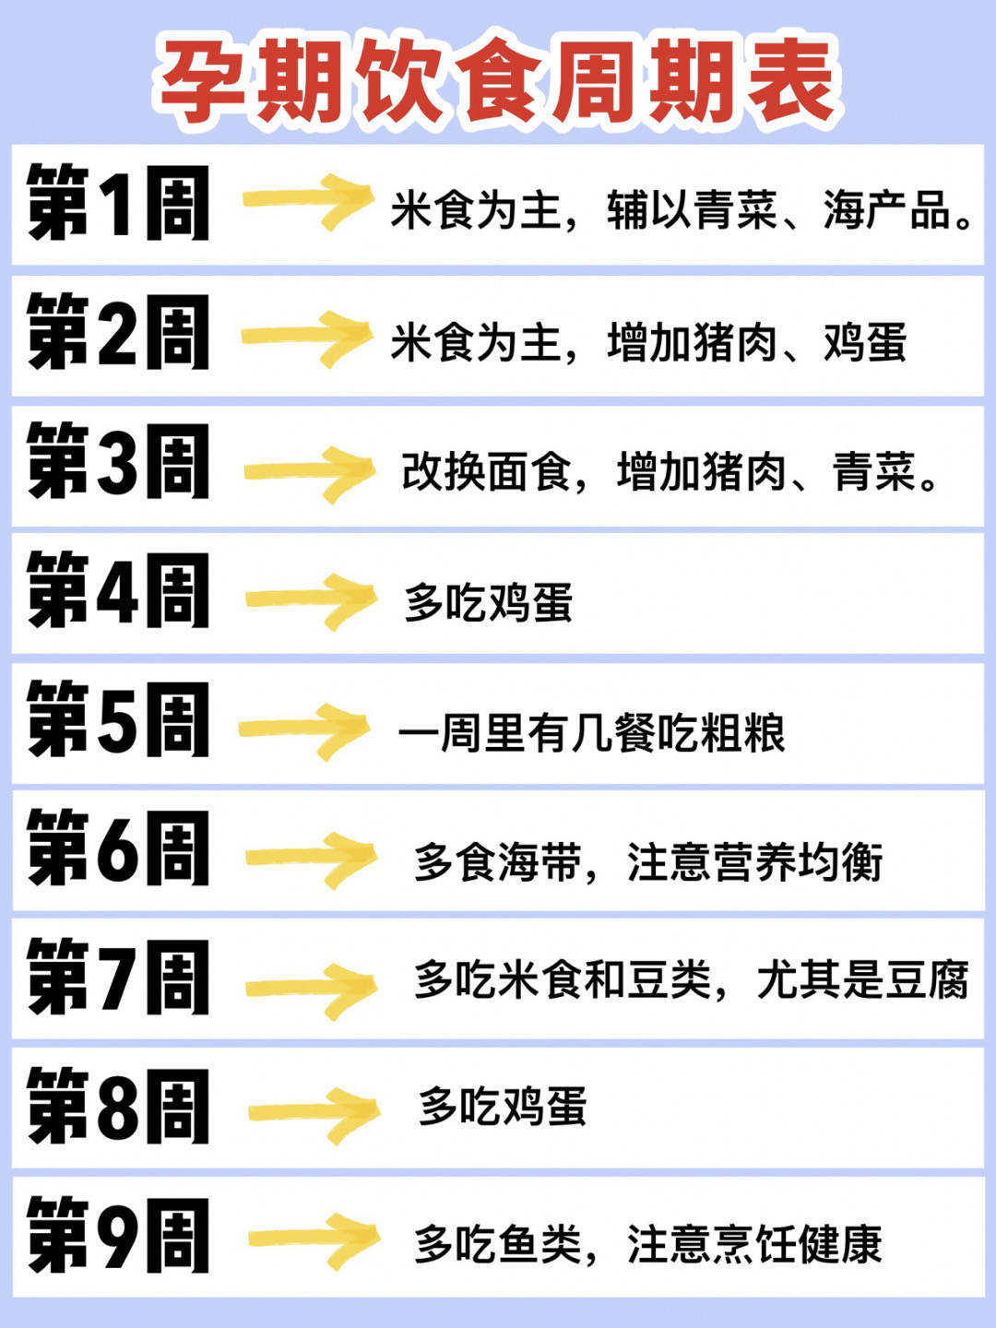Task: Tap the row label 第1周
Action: point(118,203)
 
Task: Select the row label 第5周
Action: point(118,720)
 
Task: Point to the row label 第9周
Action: point(118,1236)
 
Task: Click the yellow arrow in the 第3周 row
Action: point(310,474)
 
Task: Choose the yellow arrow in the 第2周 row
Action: point(307,338)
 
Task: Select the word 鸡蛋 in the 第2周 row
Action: point(865,343)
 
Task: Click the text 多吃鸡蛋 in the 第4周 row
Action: point(489,602)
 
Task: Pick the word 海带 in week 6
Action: point(540,862)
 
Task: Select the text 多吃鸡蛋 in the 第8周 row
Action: point(502,1107)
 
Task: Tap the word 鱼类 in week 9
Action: point(540,1243)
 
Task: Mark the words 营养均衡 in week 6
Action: point(798,862)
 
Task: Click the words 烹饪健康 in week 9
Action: point(798,1243)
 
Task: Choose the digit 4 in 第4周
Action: point(116,591)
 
